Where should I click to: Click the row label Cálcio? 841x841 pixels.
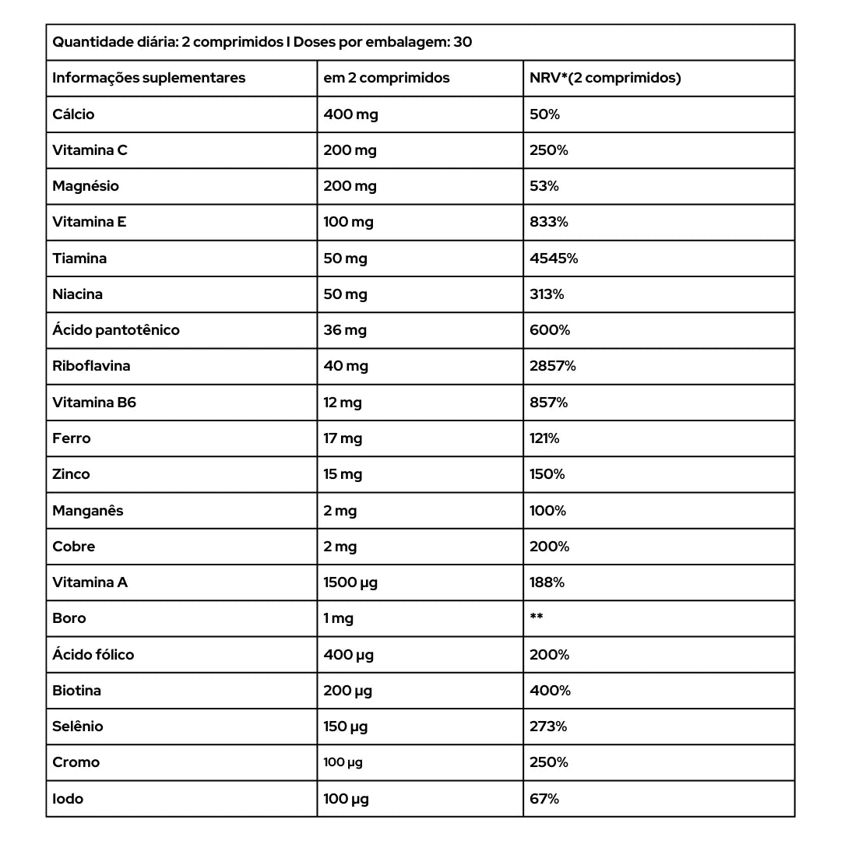click(x=73, y=114)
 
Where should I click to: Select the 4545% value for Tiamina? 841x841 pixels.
click(x=554, y=259)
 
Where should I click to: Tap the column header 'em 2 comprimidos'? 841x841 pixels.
click(x=386, y=78)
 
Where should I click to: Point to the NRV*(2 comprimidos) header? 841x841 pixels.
click(x=605, y=78)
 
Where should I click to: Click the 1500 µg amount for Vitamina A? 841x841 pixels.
click(x=350, y=582)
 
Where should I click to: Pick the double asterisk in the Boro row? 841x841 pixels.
click(x=537, y=618)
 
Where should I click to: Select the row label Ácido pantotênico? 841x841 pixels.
click(x=116, y=330)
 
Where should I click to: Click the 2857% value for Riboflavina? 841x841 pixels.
click(x=553, y=366)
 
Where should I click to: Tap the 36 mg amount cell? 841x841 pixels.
click(x=345, y=330)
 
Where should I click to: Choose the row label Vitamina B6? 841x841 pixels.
click(x=94, y=403)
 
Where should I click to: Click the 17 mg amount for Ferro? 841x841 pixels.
click(x=343, y=438)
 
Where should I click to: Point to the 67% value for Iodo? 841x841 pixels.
click(x=544, y=799)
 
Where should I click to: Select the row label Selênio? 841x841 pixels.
click(x=78, y=727)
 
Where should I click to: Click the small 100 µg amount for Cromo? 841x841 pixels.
click(x=343, y=762)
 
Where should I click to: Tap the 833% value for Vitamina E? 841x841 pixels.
click(x=549, y=222)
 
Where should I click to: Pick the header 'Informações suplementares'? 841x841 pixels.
click(x=149, y=78)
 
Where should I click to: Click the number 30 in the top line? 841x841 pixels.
click(x=463, y=42)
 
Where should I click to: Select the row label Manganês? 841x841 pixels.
click(x=88, y=511)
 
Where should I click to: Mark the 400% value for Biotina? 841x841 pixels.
click(x=550, y=691)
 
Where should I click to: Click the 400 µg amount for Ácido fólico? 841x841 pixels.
click(x=348, y=655)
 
